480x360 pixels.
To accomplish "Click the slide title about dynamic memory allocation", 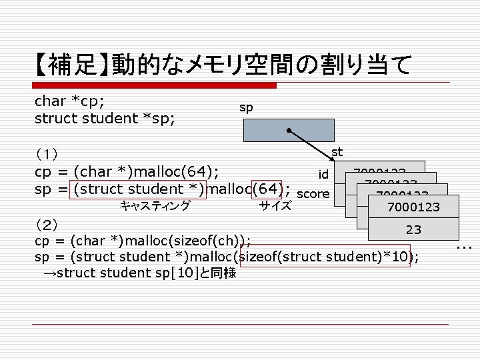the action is pyautogui.click(x=224, y=65).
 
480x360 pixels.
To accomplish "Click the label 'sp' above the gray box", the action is pyautogui.click(x=246, y=107).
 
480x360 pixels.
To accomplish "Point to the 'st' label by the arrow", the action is pyautogui.click(x=337, y=153).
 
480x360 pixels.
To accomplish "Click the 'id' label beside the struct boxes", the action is pyautogui.click(x=323, y=175).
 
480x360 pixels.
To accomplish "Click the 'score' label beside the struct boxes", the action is pyautogui.click(x=313, y=194).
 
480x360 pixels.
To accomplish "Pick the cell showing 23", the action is pyautogui.click(x=413, y=229).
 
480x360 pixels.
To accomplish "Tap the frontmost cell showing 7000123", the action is pyautogui.click(x=413, y=207).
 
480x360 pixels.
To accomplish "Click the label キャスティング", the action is pyautogui.click(x=155, y=205).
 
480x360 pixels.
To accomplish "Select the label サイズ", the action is pyautogui.click(x=275, y=205).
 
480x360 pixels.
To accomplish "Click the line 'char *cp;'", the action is pyautogui.click(x=73, y=101).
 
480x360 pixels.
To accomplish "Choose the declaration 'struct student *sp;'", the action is pyautogui.click(x=105, y=118).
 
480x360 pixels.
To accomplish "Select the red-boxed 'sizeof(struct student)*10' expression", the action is pyautogui.click(x=325, y=257).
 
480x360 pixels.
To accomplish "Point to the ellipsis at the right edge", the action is pyautogui.click(x=465, y=248).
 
